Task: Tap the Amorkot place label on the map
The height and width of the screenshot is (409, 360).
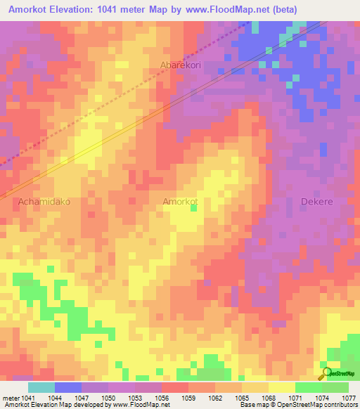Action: click(x=180, y=201)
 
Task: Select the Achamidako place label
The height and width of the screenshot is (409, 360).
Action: click(x=44, y=201)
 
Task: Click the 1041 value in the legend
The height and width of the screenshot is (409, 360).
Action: click(x=21, y=397)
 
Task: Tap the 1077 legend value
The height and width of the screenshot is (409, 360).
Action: click(x=349, y=397)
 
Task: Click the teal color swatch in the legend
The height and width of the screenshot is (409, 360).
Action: click(x=41, y=387)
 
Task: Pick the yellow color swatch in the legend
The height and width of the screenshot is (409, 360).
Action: click(x=281, y=387)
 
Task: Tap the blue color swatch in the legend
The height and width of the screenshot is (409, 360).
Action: click(x=67, y=387)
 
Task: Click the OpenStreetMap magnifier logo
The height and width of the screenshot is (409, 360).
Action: click(x=326, y=374)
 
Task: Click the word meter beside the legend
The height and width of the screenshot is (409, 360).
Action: click(x=8, y=397)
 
